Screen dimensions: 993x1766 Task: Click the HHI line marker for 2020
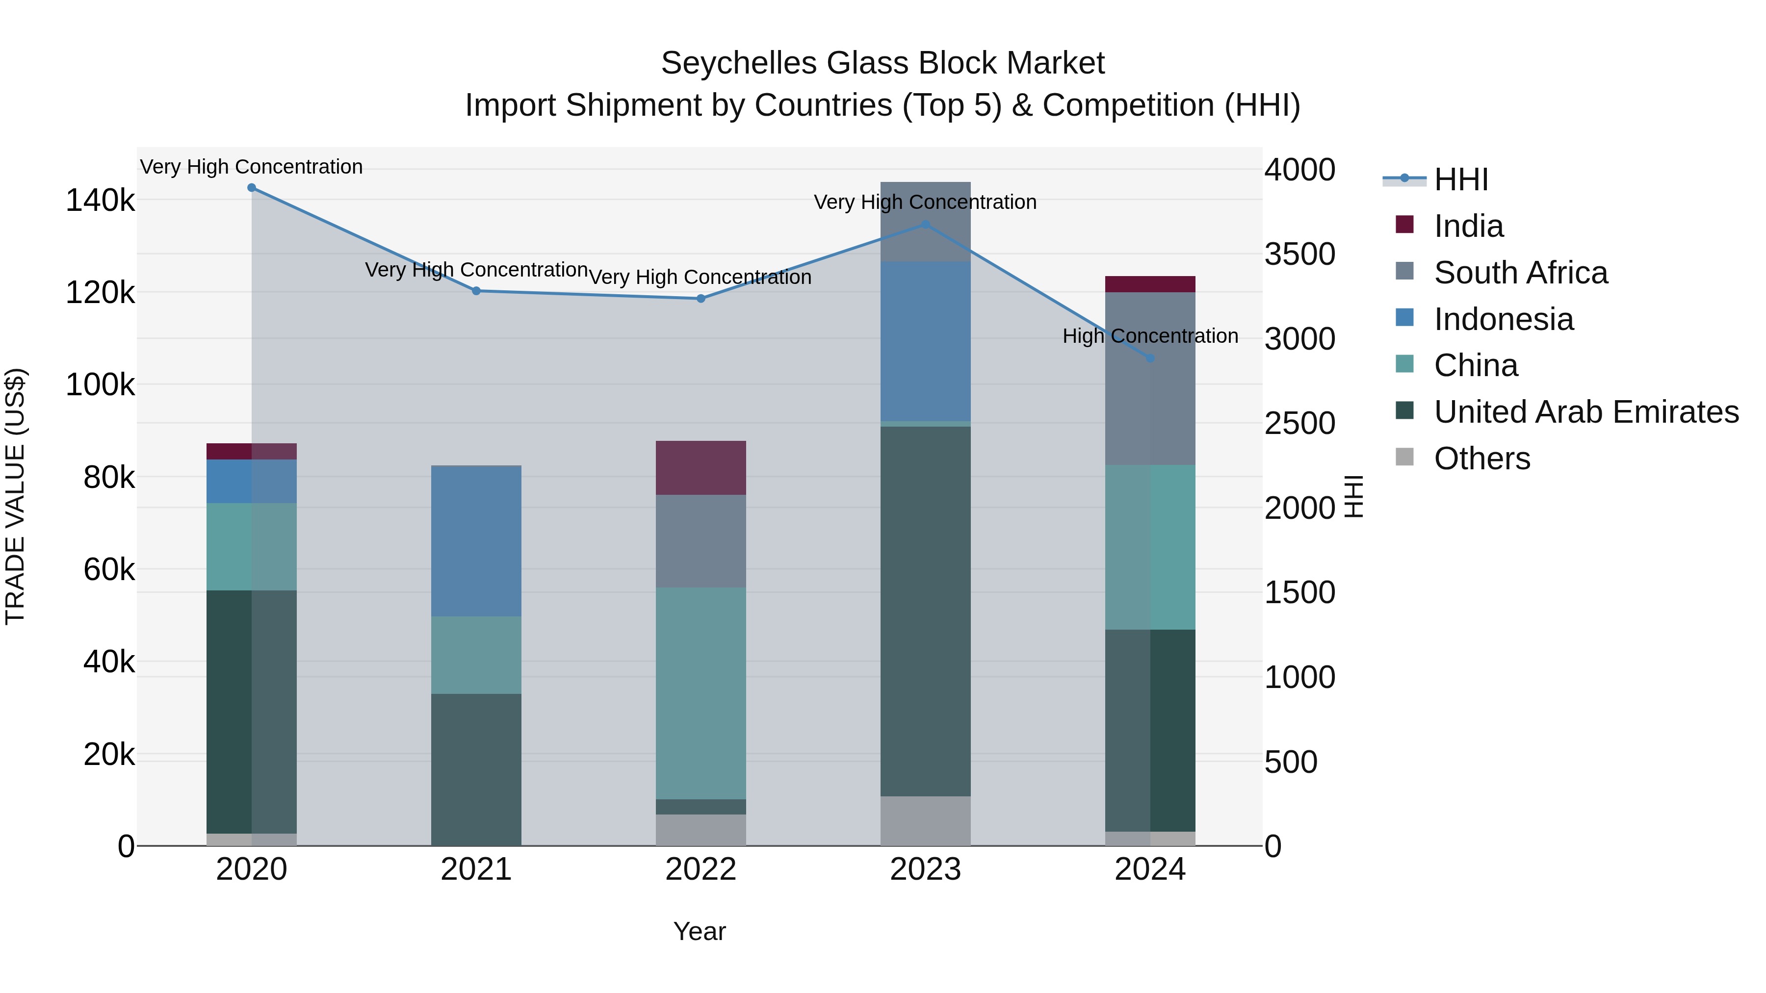[252, 188]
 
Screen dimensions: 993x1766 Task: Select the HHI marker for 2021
[476, 291]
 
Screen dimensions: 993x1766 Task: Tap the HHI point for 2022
[701, 299]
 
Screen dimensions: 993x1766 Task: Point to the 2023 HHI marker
[926, 224]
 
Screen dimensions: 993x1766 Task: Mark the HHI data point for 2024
[1150, 358]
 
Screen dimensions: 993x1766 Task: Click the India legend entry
[1468, 226]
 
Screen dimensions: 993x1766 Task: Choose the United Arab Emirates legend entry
[1585, 412]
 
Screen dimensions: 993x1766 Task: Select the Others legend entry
[1481, 458]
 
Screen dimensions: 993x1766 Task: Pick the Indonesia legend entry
[1504, 319]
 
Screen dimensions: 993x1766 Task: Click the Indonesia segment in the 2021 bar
[476, 541]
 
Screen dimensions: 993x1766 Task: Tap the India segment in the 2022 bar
[701, 468]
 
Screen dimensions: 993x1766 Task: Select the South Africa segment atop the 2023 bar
[926, 221]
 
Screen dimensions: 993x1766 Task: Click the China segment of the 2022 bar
[701, 693]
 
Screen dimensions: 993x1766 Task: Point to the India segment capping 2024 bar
[1150, 284]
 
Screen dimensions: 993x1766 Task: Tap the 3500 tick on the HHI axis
[1299, 254]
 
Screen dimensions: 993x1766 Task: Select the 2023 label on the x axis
[926, 869]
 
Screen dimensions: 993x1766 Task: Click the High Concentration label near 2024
[1150, 336]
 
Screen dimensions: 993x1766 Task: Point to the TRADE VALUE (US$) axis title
[15, 496]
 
